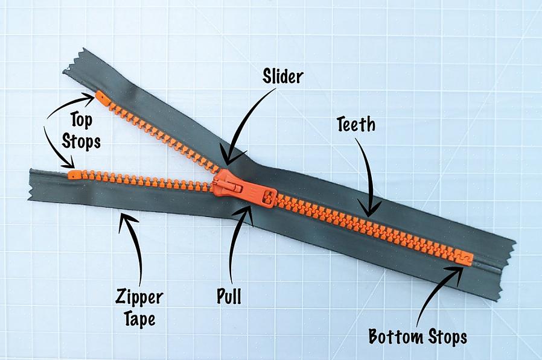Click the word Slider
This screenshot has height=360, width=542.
click(x=282, y=76)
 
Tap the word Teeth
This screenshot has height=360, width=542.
click(x=356, y=124)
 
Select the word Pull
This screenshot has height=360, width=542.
click(x=229, y=295)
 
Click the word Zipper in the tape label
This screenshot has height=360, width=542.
click(x=139, y=297)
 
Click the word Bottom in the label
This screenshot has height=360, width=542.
click(x=396, y=336)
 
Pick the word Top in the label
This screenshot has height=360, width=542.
click(x=81, y=120)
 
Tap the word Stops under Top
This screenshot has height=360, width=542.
click(x=81, y=141)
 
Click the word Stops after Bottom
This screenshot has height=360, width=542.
click(x=448, y=337)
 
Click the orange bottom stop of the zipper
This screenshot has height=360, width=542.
click(x=464, y=257)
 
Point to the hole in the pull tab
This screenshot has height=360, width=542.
click(x=269, y=198)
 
